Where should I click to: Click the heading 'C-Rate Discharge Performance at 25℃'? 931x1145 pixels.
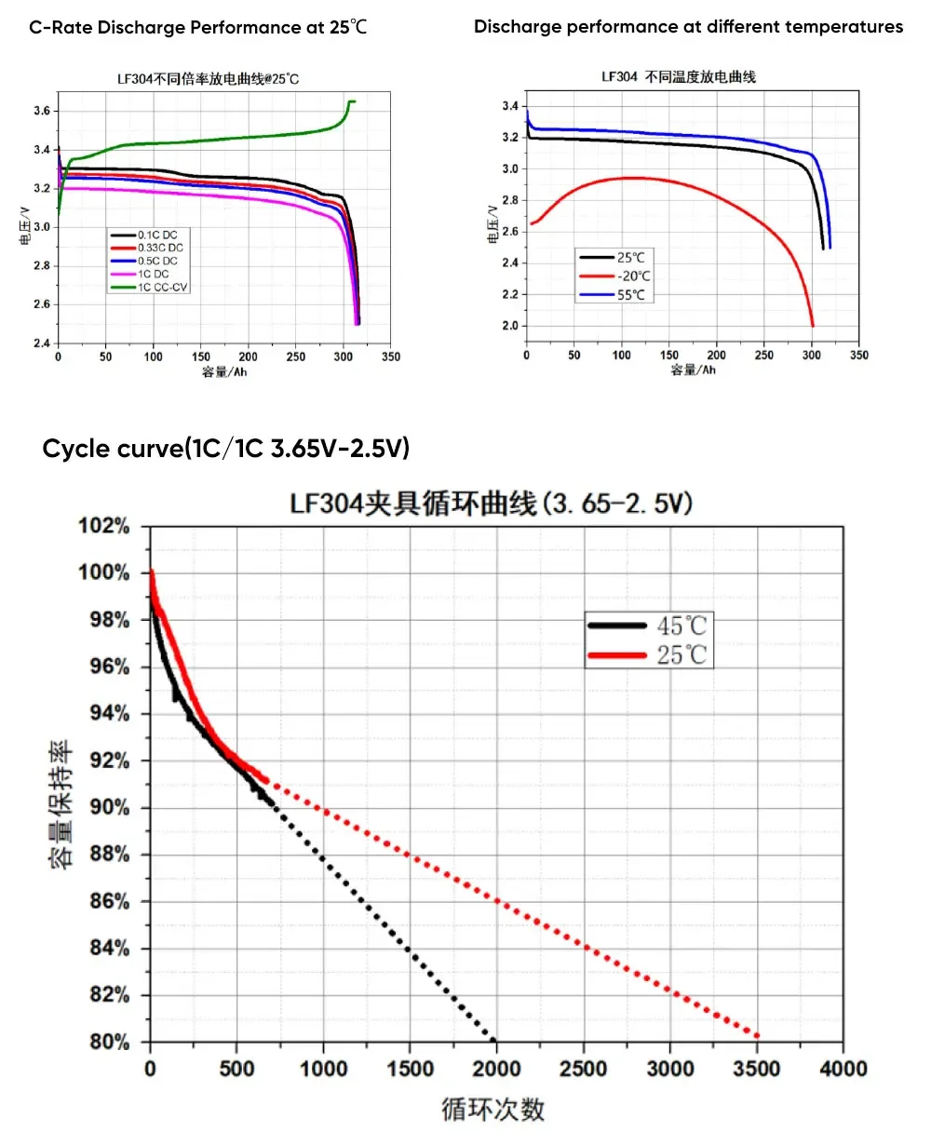[x=198, y=27]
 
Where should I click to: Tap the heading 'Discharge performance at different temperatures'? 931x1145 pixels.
[x=688, y=26]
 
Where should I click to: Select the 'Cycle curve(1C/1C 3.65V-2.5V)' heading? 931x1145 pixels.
[x=226, y=449]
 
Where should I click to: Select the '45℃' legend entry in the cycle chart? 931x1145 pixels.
[x=681, y=626]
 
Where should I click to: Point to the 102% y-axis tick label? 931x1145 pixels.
[x=103, y=526]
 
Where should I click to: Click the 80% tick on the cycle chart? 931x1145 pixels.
[x=108, y=1042]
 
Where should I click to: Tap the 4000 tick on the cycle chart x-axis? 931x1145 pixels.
[x=843, y=1068]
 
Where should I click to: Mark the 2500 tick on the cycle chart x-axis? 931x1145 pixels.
[x=584, y=1068]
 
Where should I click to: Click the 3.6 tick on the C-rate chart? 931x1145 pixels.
[x=40, y=111]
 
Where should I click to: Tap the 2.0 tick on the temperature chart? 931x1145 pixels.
[x=507, y=326]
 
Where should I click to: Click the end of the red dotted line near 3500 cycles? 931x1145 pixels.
[x=757, y=1035]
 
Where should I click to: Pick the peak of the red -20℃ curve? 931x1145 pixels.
[x=633, y=177]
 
